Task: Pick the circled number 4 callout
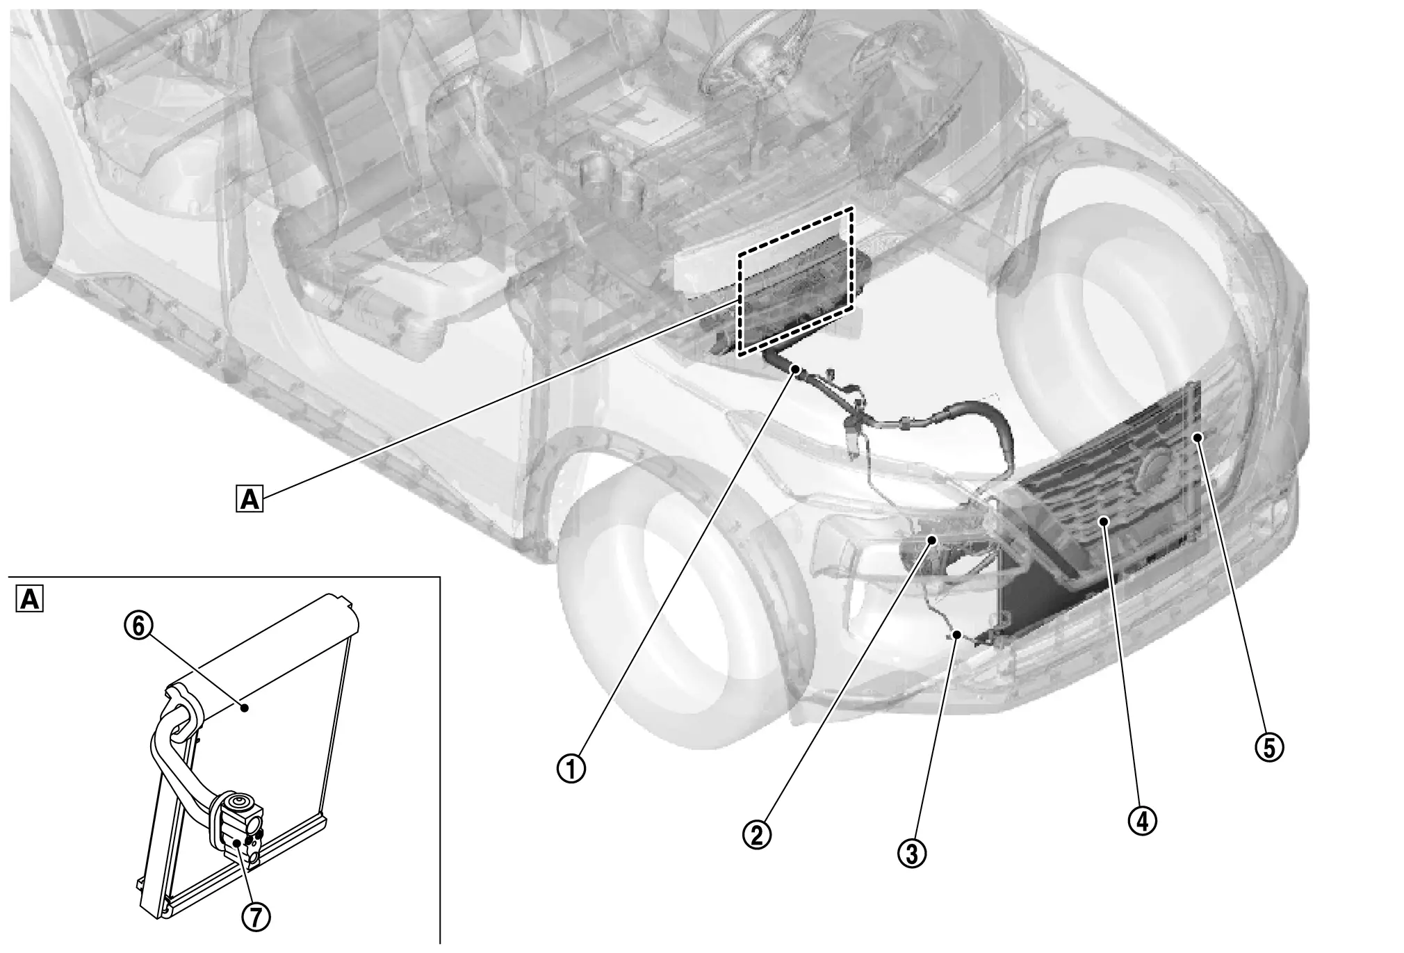point(1143,821)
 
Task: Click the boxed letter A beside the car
point(250,499)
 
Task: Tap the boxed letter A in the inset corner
point(29,599)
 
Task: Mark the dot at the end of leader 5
point(1197,437)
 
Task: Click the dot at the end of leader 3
point(958,634)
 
